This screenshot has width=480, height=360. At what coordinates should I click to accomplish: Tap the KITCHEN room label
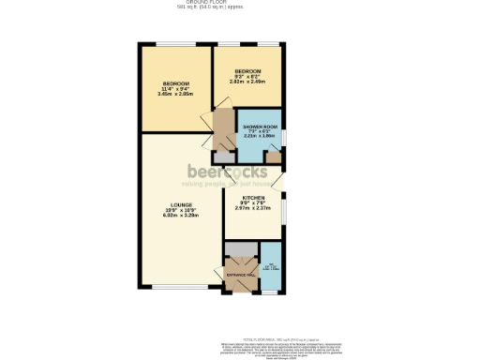(253, 198)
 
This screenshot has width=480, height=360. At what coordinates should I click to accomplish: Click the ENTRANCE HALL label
(239, 275)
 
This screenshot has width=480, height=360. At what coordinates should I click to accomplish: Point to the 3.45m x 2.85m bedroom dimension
(175, 94)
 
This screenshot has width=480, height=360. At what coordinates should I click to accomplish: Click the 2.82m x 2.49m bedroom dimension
(247, 81)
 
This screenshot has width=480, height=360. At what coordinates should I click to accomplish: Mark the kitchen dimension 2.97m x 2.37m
(253, 208)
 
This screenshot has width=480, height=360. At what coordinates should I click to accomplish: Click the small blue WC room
(270, 270)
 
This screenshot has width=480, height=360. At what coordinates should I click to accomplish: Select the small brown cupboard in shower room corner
(272, 157)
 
